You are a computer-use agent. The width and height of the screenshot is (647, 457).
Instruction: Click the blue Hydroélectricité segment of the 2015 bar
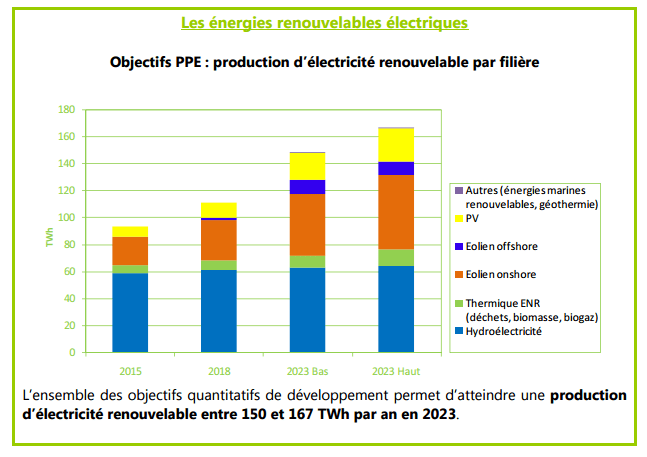tap(130, 312)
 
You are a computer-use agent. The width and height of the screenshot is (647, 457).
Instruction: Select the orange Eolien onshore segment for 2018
tap(218, 240)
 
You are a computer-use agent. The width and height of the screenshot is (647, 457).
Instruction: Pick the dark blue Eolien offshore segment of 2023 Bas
tap(306, 186)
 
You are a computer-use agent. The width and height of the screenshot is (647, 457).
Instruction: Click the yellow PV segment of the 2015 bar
tap(130, 231)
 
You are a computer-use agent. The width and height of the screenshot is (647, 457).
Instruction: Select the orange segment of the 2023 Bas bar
tap(306, 224)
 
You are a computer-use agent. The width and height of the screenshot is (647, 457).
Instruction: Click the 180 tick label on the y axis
tap(66, 109)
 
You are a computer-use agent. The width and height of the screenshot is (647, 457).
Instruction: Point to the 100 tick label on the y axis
tap(66, 217)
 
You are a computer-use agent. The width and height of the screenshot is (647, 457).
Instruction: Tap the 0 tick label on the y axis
tap(71, 352)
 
